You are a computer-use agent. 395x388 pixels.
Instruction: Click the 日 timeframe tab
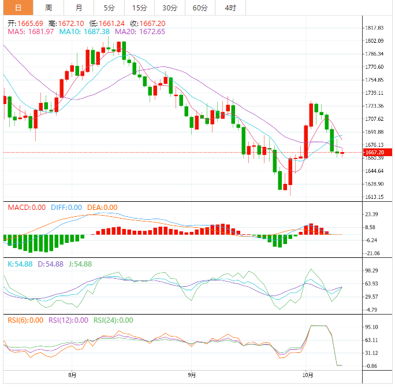pyautogui.click(x=18, y=8)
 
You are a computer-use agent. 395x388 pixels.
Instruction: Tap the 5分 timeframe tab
pyautogui.click(x=109, y=8)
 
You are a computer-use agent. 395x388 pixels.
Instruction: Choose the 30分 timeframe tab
pyautogui.click(x=170, y=8)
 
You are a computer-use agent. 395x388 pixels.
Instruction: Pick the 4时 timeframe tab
pyautogui.click(x=230, y=8)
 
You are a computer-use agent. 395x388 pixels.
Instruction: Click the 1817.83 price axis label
pyautogui.click(x=375, y=28)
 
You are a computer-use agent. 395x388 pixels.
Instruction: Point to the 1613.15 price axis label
pyautogui.click(x=375, y=197)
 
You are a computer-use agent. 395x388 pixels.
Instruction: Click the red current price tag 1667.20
pyautogui.click(x=375, y=153)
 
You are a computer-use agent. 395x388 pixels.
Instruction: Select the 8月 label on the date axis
pyautogui.click(x=72, y=375)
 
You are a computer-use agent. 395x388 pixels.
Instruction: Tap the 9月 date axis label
pyautogui.click(x=191, y=375)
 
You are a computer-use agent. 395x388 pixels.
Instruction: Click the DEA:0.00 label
pyautogui.click(x=102, y=207)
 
